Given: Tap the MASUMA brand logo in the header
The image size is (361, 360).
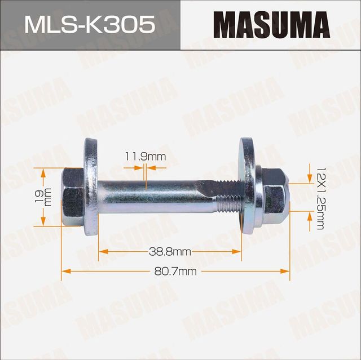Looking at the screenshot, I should (271, 24).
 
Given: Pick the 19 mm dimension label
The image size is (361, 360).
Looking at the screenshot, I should (46, 197).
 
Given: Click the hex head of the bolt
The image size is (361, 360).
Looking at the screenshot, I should (72, 197).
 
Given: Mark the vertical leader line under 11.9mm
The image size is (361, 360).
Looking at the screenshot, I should (146, 175).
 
